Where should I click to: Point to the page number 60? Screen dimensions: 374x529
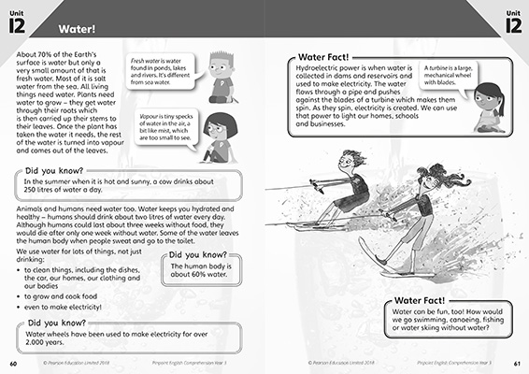tap(13, 363)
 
